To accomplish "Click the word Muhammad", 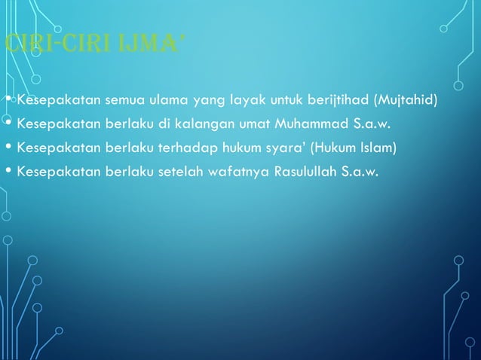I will click(308, 123).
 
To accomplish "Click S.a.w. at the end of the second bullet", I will click(371, 123).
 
